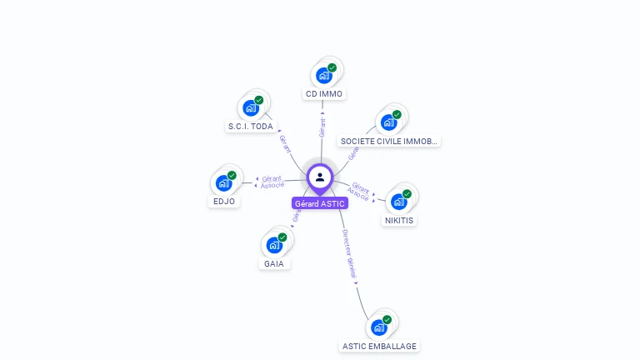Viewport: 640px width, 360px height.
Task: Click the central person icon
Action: click(320, 177)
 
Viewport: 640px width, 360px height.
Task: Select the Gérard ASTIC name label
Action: click(320, 203)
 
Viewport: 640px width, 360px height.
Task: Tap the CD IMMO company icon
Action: click(323, 75)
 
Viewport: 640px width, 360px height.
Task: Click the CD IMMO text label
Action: click(324, 94)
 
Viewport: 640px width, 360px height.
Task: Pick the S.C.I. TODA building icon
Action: click(250, 107)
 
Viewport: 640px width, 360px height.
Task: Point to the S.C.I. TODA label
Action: click(250, 127)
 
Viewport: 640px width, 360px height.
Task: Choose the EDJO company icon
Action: click(223, 182)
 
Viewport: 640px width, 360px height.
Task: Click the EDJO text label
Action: click(223, 202)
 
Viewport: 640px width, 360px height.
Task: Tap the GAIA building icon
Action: click(273, 245)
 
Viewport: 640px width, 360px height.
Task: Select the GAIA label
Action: click(274, 264)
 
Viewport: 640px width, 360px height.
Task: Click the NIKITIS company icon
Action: click(398, 201)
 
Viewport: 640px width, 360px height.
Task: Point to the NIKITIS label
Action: click(399, 221)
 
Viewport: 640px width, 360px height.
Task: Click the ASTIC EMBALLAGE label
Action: click(379, 346)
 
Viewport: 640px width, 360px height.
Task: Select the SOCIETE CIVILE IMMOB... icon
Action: click(388, 122)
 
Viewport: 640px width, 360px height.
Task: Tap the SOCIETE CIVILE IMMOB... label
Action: click(389, 141)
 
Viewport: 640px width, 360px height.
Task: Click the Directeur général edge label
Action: click(350, 253)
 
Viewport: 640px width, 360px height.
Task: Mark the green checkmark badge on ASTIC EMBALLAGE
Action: click(387, 319)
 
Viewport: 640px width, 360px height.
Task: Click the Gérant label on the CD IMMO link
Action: click(322, 127)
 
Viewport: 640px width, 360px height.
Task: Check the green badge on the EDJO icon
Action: click(232, 175)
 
